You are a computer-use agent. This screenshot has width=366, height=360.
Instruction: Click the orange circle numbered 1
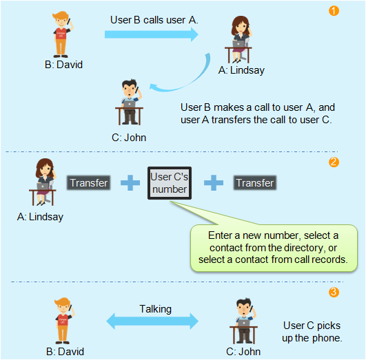tap(334, 11)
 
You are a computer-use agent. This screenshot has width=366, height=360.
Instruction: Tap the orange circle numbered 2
tap(334, 162)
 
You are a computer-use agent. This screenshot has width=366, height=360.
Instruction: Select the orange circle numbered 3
tap(334, 292)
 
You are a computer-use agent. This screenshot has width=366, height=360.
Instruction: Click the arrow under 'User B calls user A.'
tap(152, 34)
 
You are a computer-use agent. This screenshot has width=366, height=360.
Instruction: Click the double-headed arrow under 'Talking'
tap(152, 321)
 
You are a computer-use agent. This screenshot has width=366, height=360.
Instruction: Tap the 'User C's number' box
tap(170, 183)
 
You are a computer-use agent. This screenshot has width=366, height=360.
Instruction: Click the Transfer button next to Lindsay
tap(88, 183)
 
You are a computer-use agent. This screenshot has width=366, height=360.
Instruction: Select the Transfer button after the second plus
tap(255, 183)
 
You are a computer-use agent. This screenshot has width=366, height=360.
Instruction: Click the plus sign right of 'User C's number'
tap(214, 183)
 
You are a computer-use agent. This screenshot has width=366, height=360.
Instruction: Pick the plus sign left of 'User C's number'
tap(130, 183)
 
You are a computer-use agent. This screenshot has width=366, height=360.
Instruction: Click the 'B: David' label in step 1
tap(63, 65)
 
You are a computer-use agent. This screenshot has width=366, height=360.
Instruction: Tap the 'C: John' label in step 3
tap(243, 352)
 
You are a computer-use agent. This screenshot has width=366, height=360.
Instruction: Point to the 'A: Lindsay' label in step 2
tap(40, 217)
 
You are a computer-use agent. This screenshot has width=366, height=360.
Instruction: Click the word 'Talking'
tap(156, 309)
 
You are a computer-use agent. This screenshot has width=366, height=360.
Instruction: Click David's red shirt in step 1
tap(61, 34)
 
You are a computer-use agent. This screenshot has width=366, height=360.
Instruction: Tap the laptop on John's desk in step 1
tap(129, 104)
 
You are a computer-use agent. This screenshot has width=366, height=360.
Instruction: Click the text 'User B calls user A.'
tap(154, 20)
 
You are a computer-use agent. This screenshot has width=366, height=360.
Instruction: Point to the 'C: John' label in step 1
tap(129, 138)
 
